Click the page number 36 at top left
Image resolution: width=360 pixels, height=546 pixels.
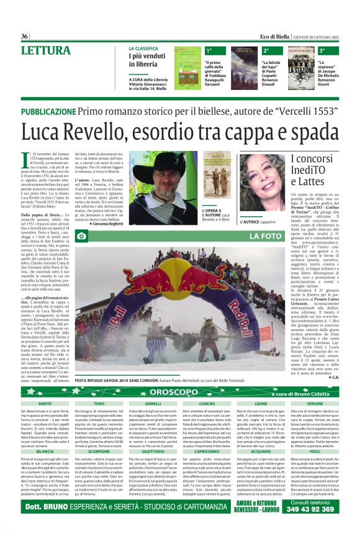(25, 36)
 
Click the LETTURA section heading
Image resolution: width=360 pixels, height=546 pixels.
(45, 50)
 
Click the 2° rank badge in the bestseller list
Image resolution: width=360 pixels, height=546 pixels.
(266, 50)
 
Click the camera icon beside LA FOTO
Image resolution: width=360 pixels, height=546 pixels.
(81, 236)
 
